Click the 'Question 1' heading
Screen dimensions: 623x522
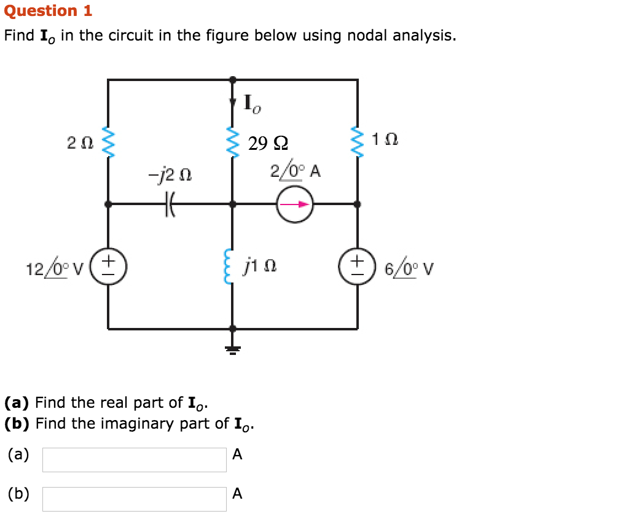tap(48, 10)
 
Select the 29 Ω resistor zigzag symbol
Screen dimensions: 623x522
tap(233, 142)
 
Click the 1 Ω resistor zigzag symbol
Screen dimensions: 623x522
tap(358, 142)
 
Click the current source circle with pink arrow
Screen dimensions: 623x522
tap(295, 204)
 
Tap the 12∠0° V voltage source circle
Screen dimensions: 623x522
tap(109, 266)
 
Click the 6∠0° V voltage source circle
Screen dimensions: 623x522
tap(357, 266)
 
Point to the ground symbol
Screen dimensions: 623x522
tap(233, 349)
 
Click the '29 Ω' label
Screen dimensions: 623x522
tap(268, 143)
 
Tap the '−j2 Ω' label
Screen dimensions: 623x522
tap(170, 175)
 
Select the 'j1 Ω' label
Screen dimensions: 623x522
tap(261, 265)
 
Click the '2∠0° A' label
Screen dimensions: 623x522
tap(295, 171)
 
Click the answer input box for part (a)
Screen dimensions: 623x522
tap(135, 460)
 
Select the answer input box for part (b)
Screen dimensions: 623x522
tap(135, 499)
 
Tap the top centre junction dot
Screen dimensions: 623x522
tap(233, 79)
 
